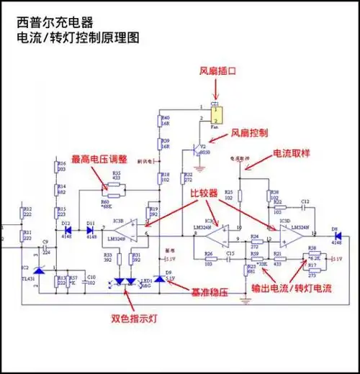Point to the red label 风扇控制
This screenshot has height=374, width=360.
pyautogui.click(x=249, y=134)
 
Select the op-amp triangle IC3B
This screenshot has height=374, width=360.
pyautogui.click(x=120, y=229)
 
